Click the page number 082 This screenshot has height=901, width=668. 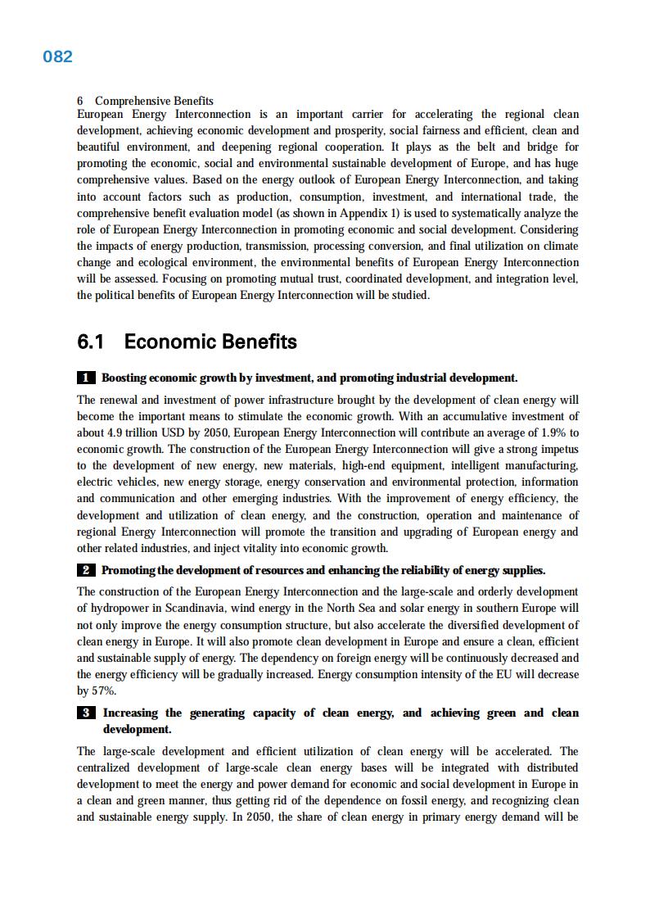57,57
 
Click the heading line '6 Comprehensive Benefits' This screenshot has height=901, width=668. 145,101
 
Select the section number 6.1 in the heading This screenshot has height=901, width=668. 94,342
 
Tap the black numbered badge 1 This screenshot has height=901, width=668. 86,378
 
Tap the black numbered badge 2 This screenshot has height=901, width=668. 86,570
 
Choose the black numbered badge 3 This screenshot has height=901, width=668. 86,713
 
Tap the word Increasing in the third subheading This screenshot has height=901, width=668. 131,713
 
